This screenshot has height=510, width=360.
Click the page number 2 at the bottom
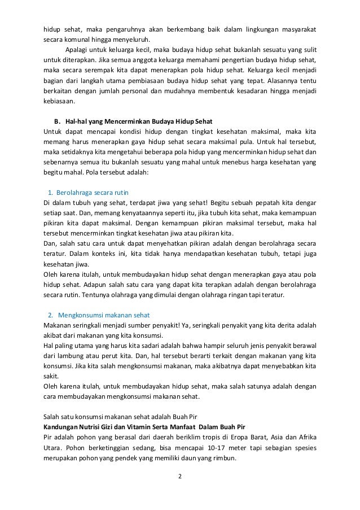pos(180,476)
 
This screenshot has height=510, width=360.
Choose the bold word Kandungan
pos(63,426)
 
